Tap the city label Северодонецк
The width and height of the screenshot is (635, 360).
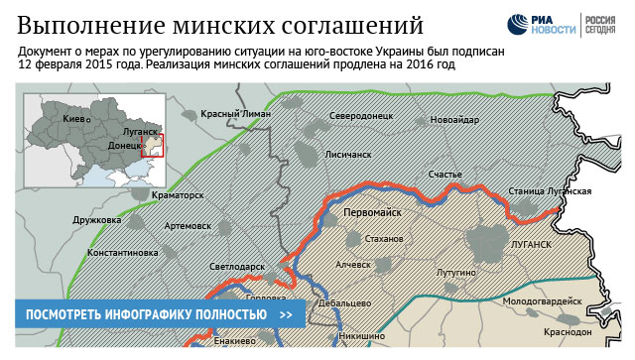tap(362, 116)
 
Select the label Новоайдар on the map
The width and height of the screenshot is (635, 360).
tap(454, 120)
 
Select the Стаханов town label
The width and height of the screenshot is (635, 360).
tap(385, 240)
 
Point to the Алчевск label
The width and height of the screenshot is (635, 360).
tap(353, 265)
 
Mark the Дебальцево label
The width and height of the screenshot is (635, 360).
tap(345, 302)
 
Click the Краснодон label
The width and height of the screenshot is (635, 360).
tap(569, 332)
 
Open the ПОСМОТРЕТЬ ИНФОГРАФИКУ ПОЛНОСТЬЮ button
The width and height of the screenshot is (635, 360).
tap(160, 315)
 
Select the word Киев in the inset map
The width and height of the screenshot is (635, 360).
tap(73, 119)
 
